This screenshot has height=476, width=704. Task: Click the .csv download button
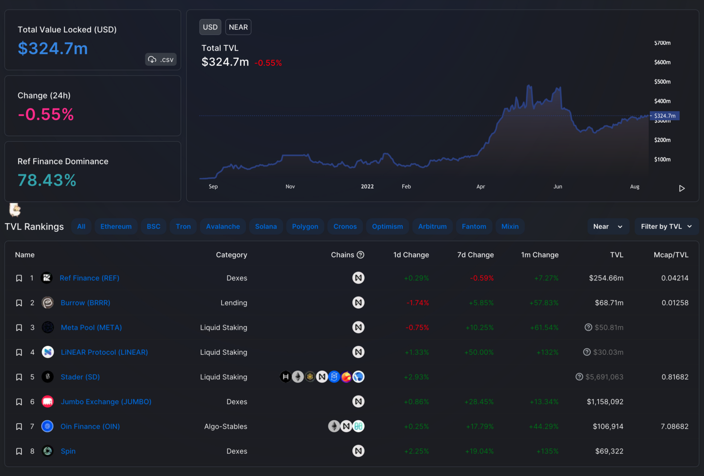coord(160,59)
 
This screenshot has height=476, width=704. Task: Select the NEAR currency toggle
coord(238,27)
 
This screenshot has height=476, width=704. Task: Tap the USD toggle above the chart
coord(210,27)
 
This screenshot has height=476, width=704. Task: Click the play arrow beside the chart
coord(682,188)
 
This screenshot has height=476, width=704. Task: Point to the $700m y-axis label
coord(662,43)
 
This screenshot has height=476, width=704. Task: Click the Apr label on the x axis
coord(481,186)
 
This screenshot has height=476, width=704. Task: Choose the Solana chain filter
coord(266,226)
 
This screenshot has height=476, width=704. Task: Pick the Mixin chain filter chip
coord(510,226)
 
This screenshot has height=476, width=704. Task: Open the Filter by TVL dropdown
coord(666,226)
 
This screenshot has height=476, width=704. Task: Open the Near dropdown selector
coord(608,226)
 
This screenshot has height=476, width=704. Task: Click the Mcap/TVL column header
coord(671,255)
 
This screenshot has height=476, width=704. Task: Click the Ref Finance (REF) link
coord(90,278)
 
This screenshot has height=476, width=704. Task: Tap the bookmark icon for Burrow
coord(19,303)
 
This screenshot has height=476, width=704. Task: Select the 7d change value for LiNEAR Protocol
coord(479,352)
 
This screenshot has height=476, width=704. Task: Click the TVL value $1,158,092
coord(605,402)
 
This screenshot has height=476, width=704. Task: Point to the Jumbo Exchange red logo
coord(47,402)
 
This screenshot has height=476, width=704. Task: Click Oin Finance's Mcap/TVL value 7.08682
coord(674,426)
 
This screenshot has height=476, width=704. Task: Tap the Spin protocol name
coord(68,451)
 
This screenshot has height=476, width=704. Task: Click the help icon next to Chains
coord(361,255)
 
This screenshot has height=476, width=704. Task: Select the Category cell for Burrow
coord(234,303)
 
